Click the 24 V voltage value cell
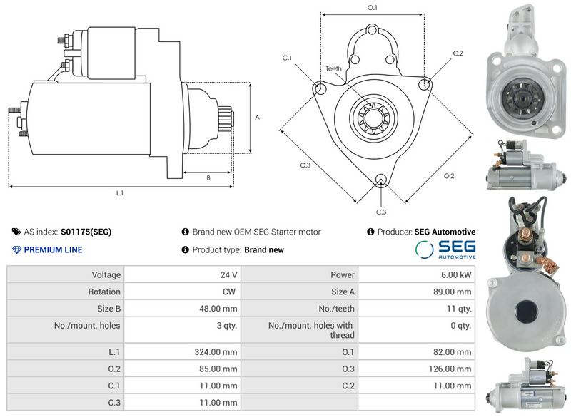[x=228, y=275]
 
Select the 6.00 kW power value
[x=456, y=275]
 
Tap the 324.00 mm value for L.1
[x=216, y=352]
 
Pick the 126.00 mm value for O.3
[x=450, y=369]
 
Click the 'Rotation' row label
[x=104, y=292]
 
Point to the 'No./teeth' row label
[x=336, y=309]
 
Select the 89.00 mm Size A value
[x=453, y=292]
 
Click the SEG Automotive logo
[x=445, y=249]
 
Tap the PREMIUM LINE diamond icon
[x=16, y=249]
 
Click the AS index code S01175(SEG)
[x=86, y=232]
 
